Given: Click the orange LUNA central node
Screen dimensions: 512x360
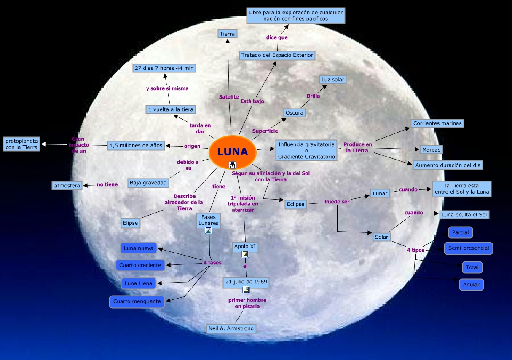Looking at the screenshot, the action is click(232, 152).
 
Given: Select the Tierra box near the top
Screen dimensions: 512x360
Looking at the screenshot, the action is click(228, 34).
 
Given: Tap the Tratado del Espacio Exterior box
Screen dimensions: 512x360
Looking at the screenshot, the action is click(277, 55).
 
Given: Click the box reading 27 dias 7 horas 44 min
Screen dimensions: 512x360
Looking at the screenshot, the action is click(164, 68).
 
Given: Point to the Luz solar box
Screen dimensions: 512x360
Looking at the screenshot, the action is click(333, 80).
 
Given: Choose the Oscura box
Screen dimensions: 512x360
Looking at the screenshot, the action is click(294, 113).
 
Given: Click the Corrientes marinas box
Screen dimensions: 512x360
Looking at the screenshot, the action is click(437, 123).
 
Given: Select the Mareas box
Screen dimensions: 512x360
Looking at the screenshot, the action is click(431, 149).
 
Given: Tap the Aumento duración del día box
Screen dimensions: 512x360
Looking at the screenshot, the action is click(448, 165).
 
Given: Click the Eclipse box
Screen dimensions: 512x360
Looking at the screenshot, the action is click(295, 204).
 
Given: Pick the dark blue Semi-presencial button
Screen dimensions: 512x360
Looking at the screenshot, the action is click(468, 248).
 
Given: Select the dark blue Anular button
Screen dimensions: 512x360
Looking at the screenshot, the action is click(471, 285).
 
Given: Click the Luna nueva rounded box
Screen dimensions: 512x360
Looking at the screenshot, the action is click(138, 248).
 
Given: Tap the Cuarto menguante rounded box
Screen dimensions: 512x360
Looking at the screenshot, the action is click(137, 301).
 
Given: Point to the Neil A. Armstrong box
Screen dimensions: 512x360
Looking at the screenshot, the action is click(231, 328).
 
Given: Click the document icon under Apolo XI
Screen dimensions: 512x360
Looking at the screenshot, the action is click(245, 254).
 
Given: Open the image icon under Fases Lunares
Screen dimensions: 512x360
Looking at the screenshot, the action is click(208, 230).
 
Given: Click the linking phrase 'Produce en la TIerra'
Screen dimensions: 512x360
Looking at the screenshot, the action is click(358, 147).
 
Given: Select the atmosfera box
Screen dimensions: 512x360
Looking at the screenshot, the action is click(67, 185).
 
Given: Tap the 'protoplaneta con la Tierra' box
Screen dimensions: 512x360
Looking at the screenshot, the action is click(21, 144).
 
